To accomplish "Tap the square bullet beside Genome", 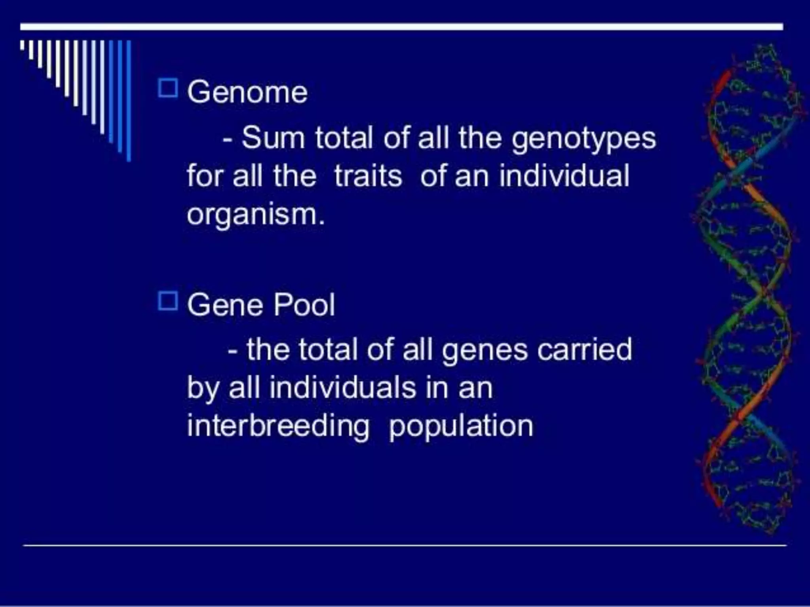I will coord(168,88).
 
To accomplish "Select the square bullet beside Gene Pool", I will coord(168,301).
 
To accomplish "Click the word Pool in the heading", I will coord(304,305).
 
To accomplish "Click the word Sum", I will coord(273,138).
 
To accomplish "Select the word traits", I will coord(368,176).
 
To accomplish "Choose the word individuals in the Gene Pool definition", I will coord(343,388).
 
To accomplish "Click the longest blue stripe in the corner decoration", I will coord(129,101).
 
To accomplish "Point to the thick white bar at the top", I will coord(401,27).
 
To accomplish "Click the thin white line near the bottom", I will coord(405,545).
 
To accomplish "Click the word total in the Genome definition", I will coord(344,138).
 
